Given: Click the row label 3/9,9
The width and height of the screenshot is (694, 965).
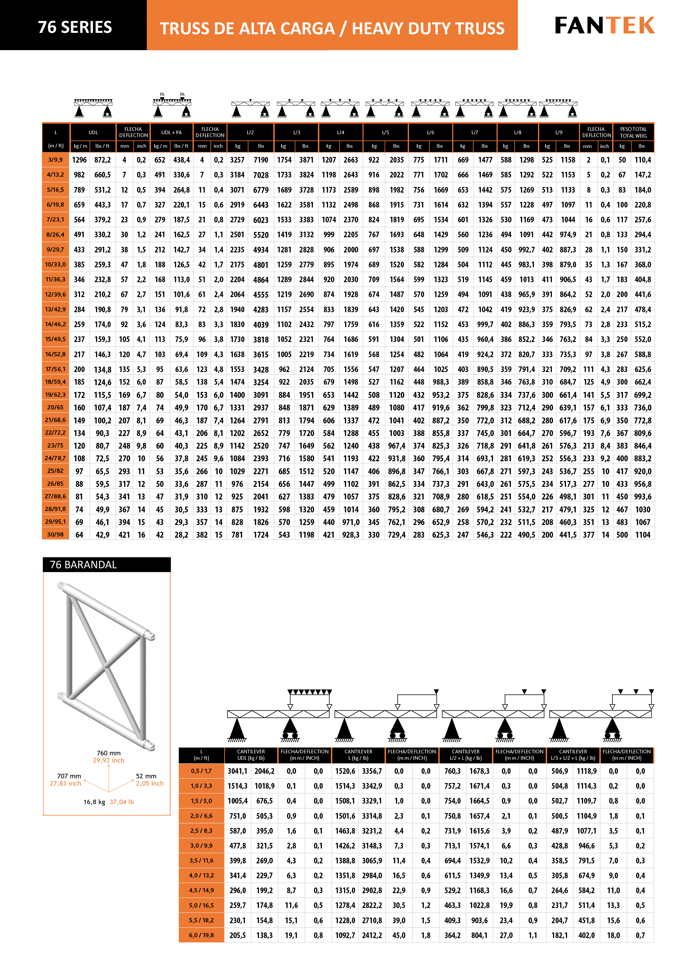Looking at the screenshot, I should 55,160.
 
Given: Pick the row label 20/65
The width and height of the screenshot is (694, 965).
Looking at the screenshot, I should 55,407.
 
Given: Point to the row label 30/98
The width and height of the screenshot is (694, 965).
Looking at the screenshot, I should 55,534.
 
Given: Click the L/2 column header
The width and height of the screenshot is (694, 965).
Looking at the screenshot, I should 250,132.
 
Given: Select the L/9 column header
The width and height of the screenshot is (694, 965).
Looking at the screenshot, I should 559,132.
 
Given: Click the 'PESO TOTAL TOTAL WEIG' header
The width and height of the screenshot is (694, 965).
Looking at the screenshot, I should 633,132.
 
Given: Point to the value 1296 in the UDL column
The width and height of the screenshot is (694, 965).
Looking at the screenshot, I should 79,160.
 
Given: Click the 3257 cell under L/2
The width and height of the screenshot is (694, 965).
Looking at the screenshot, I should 237,160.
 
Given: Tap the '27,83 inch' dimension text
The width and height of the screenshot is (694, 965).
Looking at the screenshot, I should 65,783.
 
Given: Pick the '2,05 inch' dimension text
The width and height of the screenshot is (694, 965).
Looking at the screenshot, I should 149,783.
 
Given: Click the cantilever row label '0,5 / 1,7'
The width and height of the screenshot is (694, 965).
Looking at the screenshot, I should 201,771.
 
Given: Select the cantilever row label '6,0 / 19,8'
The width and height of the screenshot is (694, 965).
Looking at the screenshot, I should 201,935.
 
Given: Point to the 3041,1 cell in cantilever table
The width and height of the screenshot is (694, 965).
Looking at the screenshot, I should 237,771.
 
